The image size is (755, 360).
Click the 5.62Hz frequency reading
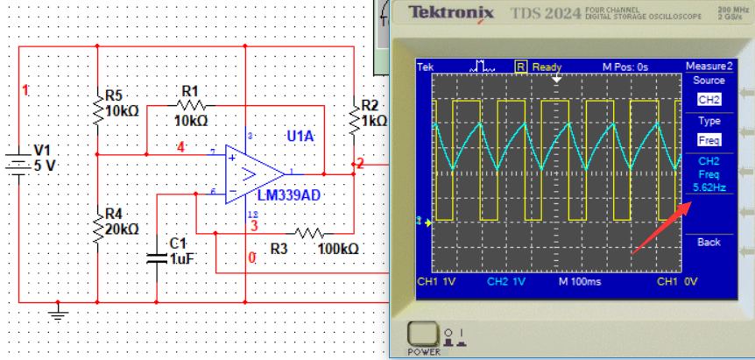(x=709, y=187)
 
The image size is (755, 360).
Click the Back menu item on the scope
(x=709, y=242)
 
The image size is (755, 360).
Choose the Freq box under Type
(x=709, y=140)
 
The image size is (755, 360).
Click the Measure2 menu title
(x=709, y=67)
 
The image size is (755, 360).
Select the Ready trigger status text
(x=547, y=67)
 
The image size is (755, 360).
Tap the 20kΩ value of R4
(x=122, y=229)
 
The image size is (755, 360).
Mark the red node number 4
(x=180, y=146)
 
